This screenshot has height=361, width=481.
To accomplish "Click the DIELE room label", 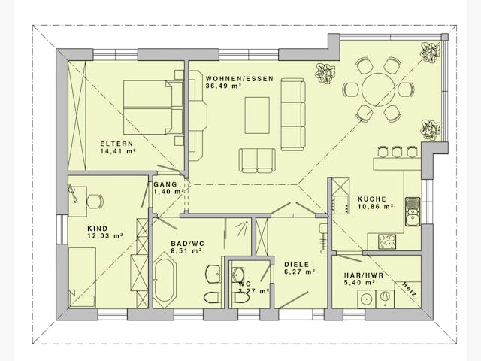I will point(298,264).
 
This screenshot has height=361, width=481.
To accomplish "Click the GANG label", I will point(165,184).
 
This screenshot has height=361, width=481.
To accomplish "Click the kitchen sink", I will point(412,211).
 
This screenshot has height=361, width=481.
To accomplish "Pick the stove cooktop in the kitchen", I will point(388,241).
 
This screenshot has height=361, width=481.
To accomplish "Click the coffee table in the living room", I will point(256,115).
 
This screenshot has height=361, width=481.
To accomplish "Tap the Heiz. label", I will point(410,290).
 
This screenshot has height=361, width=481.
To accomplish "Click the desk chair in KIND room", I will point(93,201).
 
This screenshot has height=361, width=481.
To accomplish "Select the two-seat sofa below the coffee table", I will point(257,159).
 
